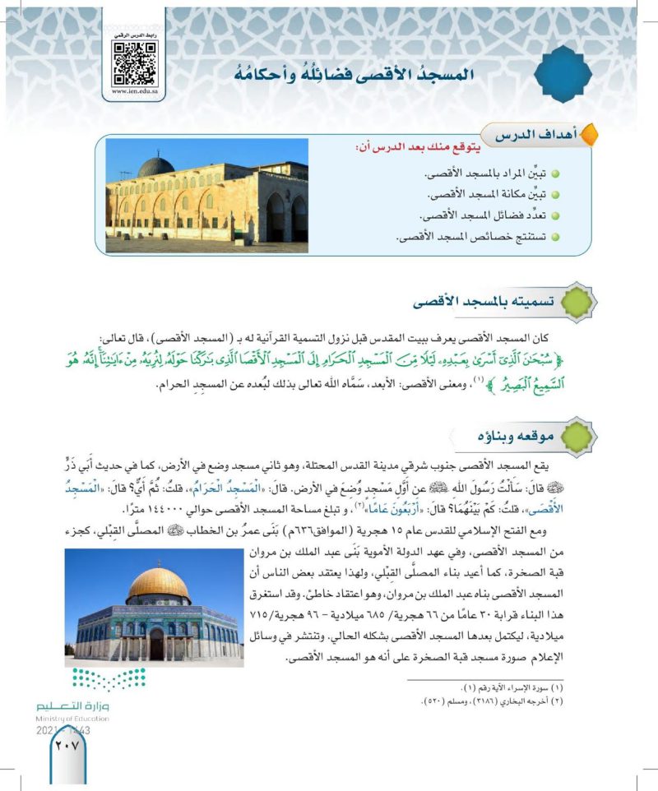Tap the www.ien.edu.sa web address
[135, 94]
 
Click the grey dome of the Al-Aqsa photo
[155, 167]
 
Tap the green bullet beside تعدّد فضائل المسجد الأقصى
[555, 215]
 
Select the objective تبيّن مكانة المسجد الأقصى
[490, 196]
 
